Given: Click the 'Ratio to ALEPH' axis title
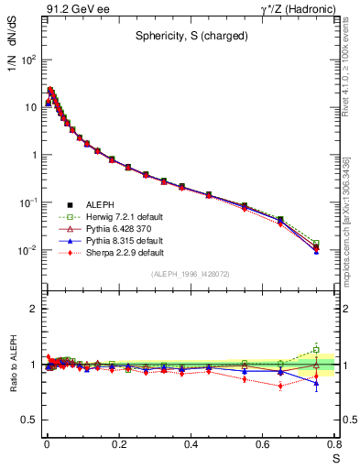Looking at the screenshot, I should [14, 365].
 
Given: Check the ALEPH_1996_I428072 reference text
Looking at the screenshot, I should [191, 274].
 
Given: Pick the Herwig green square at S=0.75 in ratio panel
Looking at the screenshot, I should [316, 350].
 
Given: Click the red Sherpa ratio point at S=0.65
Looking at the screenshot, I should [280, 386].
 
